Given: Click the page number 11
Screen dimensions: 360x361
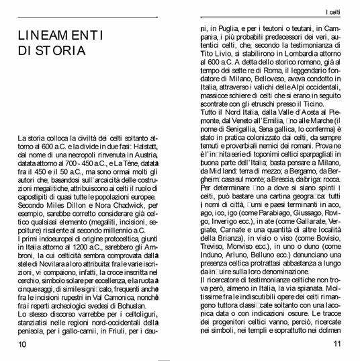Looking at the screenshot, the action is click(337, 344).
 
